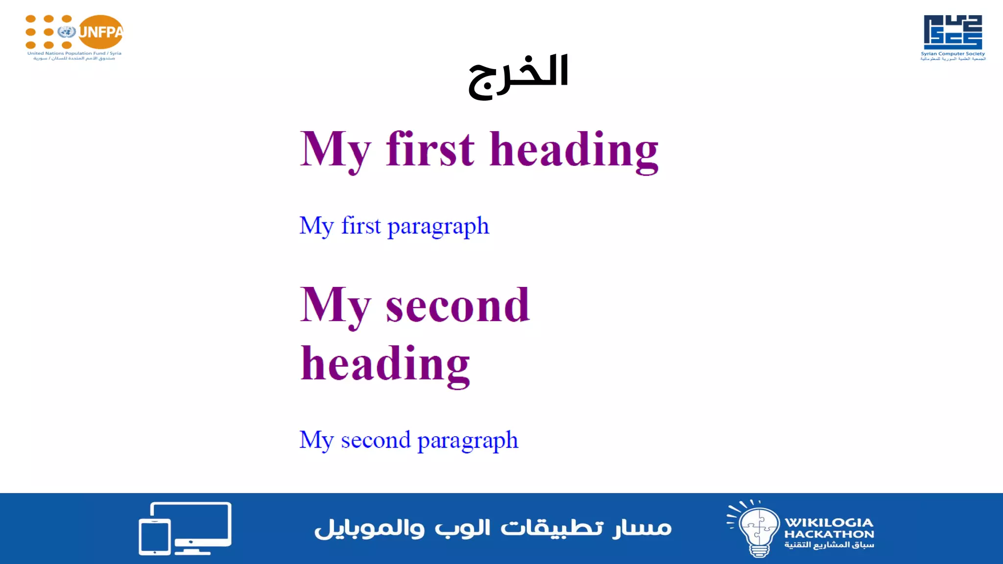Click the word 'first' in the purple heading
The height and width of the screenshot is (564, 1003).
(x=430, y=149)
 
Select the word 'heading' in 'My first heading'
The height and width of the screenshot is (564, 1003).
(x=574, y=151)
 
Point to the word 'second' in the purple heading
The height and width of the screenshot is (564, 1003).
(x=457, y=305)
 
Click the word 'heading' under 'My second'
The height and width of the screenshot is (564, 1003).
(x=385, y=364)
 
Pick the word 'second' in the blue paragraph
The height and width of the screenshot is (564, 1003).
(x=376, y=440)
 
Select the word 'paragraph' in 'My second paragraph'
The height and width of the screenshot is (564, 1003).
(x=468, y=441)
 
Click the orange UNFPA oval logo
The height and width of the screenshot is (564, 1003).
(x=101, y=32)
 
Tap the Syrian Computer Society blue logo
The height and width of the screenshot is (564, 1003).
(x=953, y=32)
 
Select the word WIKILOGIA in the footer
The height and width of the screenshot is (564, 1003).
(x=829, y=522)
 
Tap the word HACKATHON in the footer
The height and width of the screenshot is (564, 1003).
(x=829, y=534)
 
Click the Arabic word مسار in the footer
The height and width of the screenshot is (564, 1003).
(x=642, y=528)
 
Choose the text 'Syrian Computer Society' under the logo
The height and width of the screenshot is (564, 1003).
(x=953, y=54)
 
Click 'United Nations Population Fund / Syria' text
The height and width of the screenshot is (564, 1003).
(x=74, y=53)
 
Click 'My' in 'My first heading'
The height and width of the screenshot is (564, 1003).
(x=335, y=150)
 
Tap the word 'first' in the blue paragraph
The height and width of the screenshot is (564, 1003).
(x=361, y=226)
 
